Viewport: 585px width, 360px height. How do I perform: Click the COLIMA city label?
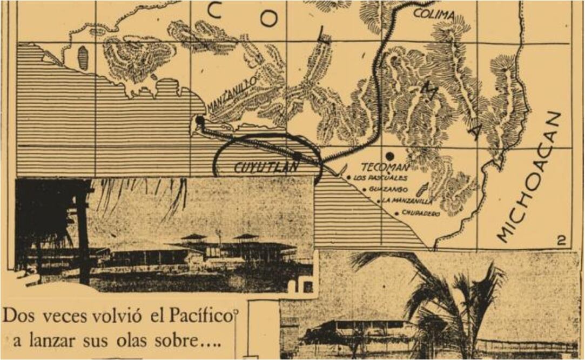(x=434, y=15)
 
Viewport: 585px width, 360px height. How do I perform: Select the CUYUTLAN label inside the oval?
(x=266, y=167)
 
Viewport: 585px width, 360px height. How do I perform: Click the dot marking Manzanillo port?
(x=200, y=120)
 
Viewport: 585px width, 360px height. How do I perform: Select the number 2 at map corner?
(x=561, y=241)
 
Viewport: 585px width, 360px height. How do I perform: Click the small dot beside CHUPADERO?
(x=397, y=214)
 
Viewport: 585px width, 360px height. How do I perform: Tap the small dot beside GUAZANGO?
(x=365, y=189)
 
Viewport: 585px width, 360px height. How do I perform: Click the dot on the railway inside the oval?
(x=298, y=155)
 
